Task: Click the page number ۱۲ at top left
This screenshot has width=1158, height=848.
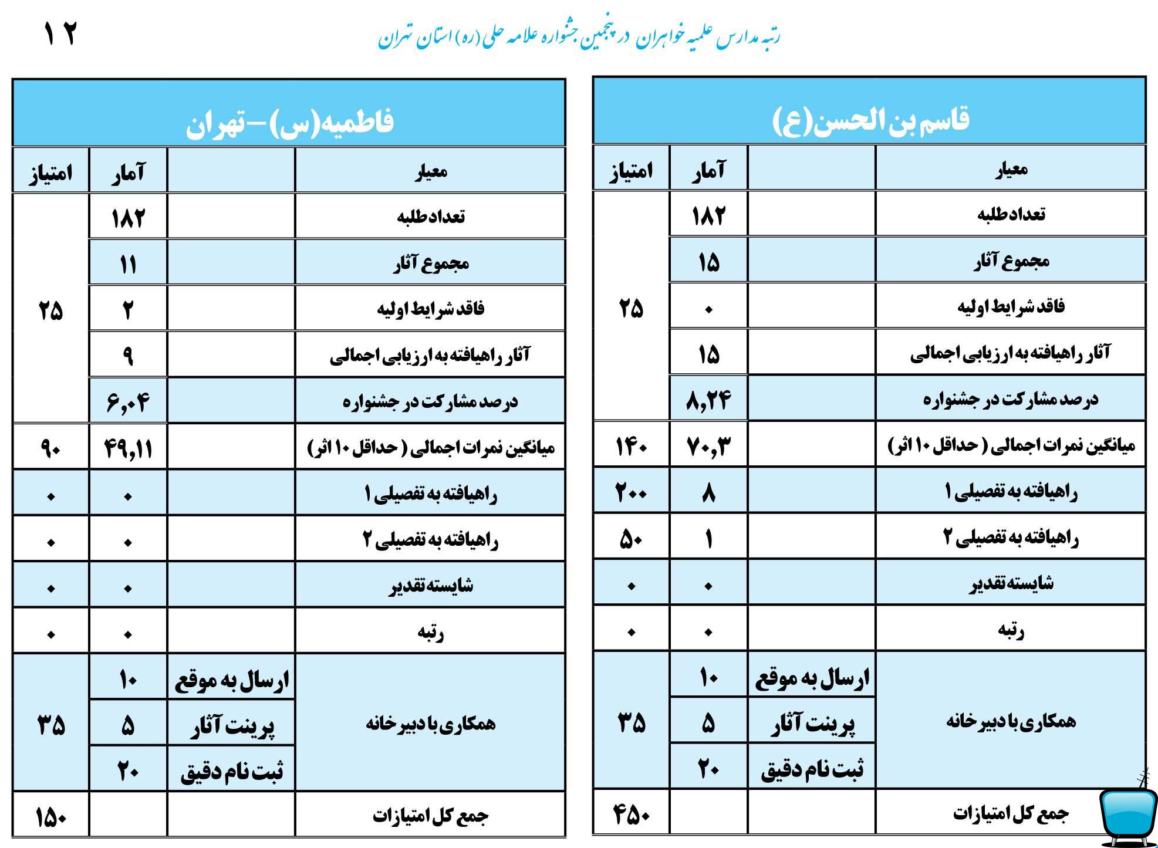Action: point(60,34)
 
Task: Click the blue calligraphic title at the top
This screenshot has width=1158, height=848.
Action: point(578,36)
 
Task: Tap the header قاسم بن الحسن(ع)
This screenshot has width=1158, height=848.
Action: point(869,120)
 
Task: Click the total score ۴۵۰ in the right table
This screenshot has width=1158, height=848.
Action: point(631,814)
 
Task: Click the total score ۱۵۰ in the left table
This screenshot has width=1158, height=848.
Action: point(50,817)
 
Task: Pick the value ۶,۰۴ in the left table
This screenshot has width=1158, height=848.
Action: point(128,402)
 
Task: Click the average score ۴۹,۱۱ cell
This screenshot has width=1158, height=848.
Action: point(128,448)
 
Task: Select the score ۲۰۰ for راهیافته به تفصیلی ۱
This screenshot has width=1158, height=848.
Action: point(631,492)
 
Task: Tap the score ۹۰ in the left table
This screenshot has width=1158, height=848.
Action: point(50,448)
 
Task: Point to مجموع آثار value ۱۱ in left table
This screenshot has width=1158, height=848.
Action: point(128,263)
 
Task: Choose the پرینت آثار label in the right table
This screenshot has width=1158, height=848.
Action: point(812,724)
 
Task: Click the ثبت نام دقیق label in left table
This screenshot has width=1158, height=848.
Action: point(232,771)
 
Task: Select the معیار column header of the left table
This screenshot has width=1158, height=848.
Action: point(431,171)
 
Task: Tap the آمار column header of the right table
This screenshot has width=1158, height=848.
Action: point(708,170)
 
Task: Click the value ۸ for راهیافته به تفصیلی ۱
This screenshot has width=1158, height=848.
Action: point(708,492)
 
